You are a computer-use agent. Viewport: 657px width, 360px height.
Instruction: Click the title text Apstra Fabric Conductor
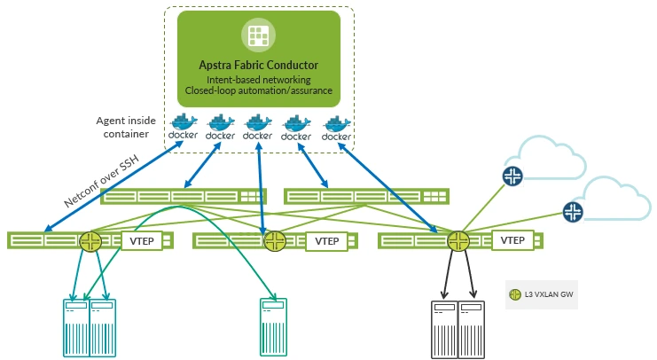coord(258,66)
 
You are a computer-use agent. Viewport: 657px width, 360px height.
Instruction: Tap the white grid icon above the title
coord(258,35)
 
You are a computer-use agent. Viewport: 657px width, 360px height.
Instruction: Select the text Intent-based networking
coord(258,80)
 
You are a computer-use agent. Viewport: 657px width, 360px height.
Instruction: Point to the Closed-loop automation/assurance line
coord(258,90)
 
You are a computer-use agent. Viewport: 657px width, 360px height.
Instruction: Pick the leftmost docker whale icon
coord(183,126)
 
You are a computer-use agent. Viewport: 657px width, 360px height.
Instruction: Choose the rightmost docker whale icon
coord(336,127)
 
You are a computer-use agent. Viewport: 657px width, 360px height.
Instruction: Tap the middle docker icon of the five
coord(258,126)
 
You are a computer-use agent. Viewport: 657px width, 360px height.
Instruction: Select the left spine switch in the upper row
coord(183,197)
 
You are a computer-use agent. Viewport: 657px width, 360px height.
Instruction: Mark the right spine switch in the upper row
coord(365,196)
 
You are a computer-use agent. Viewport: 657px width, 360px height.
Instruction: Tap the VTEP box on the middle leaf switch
coord(327,240)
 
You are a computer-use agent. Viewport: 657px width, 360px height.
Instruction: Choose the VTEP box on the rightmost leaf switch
coord(512,240)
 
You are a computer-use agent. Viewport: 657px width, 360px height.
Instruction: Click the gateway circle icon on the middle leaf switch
coord(274,240)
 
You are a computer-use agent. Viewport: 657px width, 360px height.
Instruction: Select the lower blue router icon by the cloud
coord(573,211)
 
